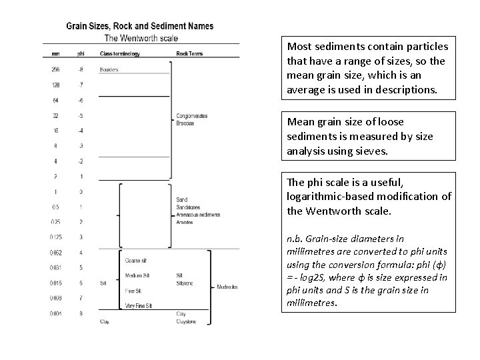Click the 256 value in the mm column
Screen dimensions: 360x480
(x=55, y=69)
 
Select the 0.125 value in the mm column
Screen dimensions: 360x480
(x=56, y=237)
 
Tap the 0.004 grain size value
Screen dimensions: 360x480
(x=56, y=313)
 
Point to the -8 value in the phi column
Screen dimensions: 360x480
(x=81, y=69)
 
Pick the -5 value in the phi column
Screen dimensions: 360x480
(x=81, y=116)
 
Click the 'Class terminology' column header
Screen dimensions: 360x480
(x=119, y=53)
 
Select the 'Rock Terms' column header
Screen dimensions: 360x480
(x=190, y=53)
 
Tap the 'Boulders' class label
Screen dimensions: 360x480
(x=109, y=69)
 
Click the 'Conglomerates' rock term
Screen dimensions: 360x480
(x=192, y=116)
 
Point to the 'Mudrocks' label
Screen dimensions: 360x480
(x=229, y=287)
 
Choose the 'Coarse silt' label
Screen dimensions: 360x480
(x=136, y=261)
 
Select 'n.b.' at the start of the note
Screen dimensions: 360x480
(x=295, y=239)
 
